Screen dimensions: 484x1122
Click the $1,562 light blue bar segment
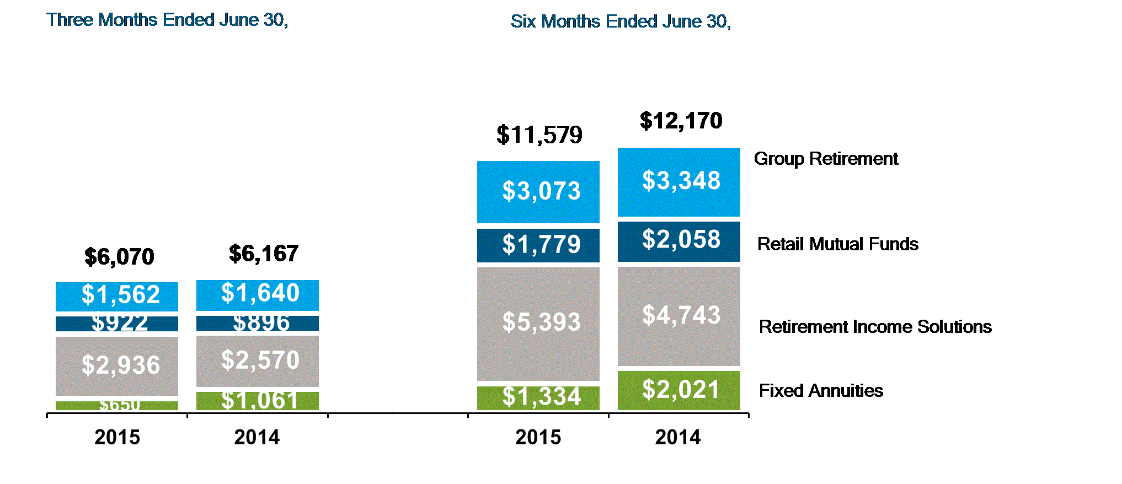coord(117,296)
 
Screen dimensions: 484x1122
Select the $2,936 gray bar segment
coord(117,365)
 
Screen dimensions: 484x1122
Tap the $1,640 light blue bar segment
coord(258,295)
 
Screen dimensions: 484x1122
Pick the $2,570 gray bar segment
coord(258,361)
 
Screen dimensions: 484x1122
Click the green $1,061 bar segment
coord(258,401)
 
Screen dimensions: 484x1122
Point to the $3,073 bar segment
coord(538,191)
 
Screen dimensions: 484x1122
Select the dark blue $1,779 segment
coord(538,245)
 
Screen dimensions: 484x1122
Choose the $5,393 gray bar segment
coord(538,323)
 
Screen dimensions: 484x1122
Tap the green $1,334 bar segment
coord(538,397)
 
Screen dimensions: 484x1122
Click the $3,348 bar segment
coord(679,181)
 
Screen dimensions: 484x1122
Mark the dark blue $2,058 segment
coord(679,241)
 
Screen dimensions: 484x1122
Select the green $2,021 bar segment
coord(679,390)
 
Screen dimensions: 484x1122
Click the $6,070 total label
coord(119,257)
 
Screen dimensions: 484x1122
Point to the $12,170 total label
coord(681,121)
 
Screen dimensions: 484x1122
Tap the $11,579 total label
coord(539,135)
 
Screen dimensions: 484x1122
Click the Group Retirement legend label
coord(826,159)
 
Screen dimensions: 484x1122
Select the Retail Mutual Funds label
coord(837,244)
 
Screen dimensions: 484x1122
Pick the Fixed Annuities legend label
coord(821,391)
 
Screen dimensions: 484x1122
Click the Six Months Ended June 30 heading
coord(621,21)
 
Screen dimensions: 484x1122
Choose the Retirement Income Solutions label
coord(875,327)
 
